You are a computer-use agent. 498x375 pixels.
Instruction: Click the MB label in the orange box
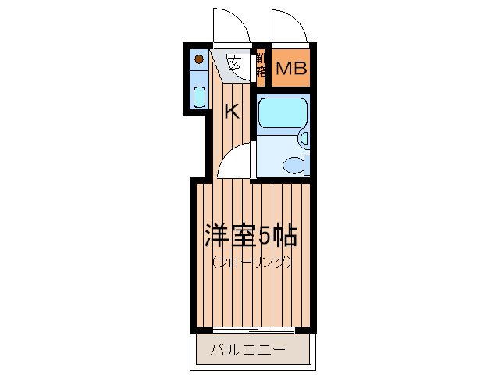pyautogui.click(x=290, y=69)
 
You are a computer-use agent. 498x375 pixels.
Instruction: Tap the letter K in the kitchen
pyautogui.click(x=231, y=112)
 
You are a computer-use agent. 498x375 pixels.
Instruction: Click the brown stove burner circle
pyautogui.click(x=200, y=59)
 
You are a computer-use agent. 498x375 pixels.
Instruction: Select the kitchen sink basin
pyautogui.click(x=199, y=98)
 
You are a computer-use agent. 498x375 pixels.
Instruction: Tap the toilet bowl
pyautogui.click(x=295, y=164)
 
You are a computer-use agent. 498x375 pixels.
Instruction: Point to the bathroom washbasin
pyautogui.click(x=304, y=138)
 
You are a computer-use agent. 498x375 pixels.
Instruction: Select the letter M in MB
pyautogui.click(x=282, y=69)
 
